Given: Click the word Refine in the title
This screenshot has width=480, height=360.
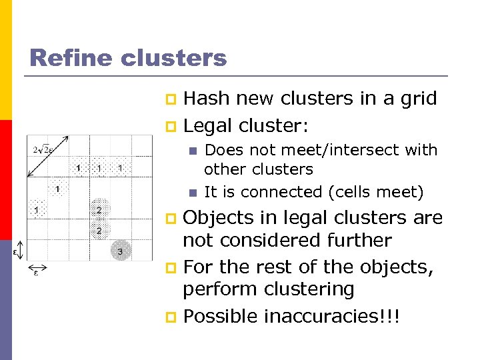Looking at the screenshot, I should pyautogui.click(x=71, y=57).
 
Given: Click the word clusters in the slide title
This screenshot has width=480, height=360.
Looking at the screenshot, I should pyautogui.click(x=174, y=57).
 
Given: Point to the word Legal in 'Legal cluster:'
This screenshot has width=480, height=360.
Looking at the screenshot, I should pyautogui.click(x=207, y=125).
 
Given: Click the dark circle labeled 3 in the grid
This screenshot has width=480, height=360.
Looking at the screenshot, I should pyautogui.click(x=120, y=251).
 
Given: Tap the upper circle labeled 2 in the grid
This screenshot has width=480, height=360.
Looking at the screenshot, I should pyautogui.click(x=99, y=210).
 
